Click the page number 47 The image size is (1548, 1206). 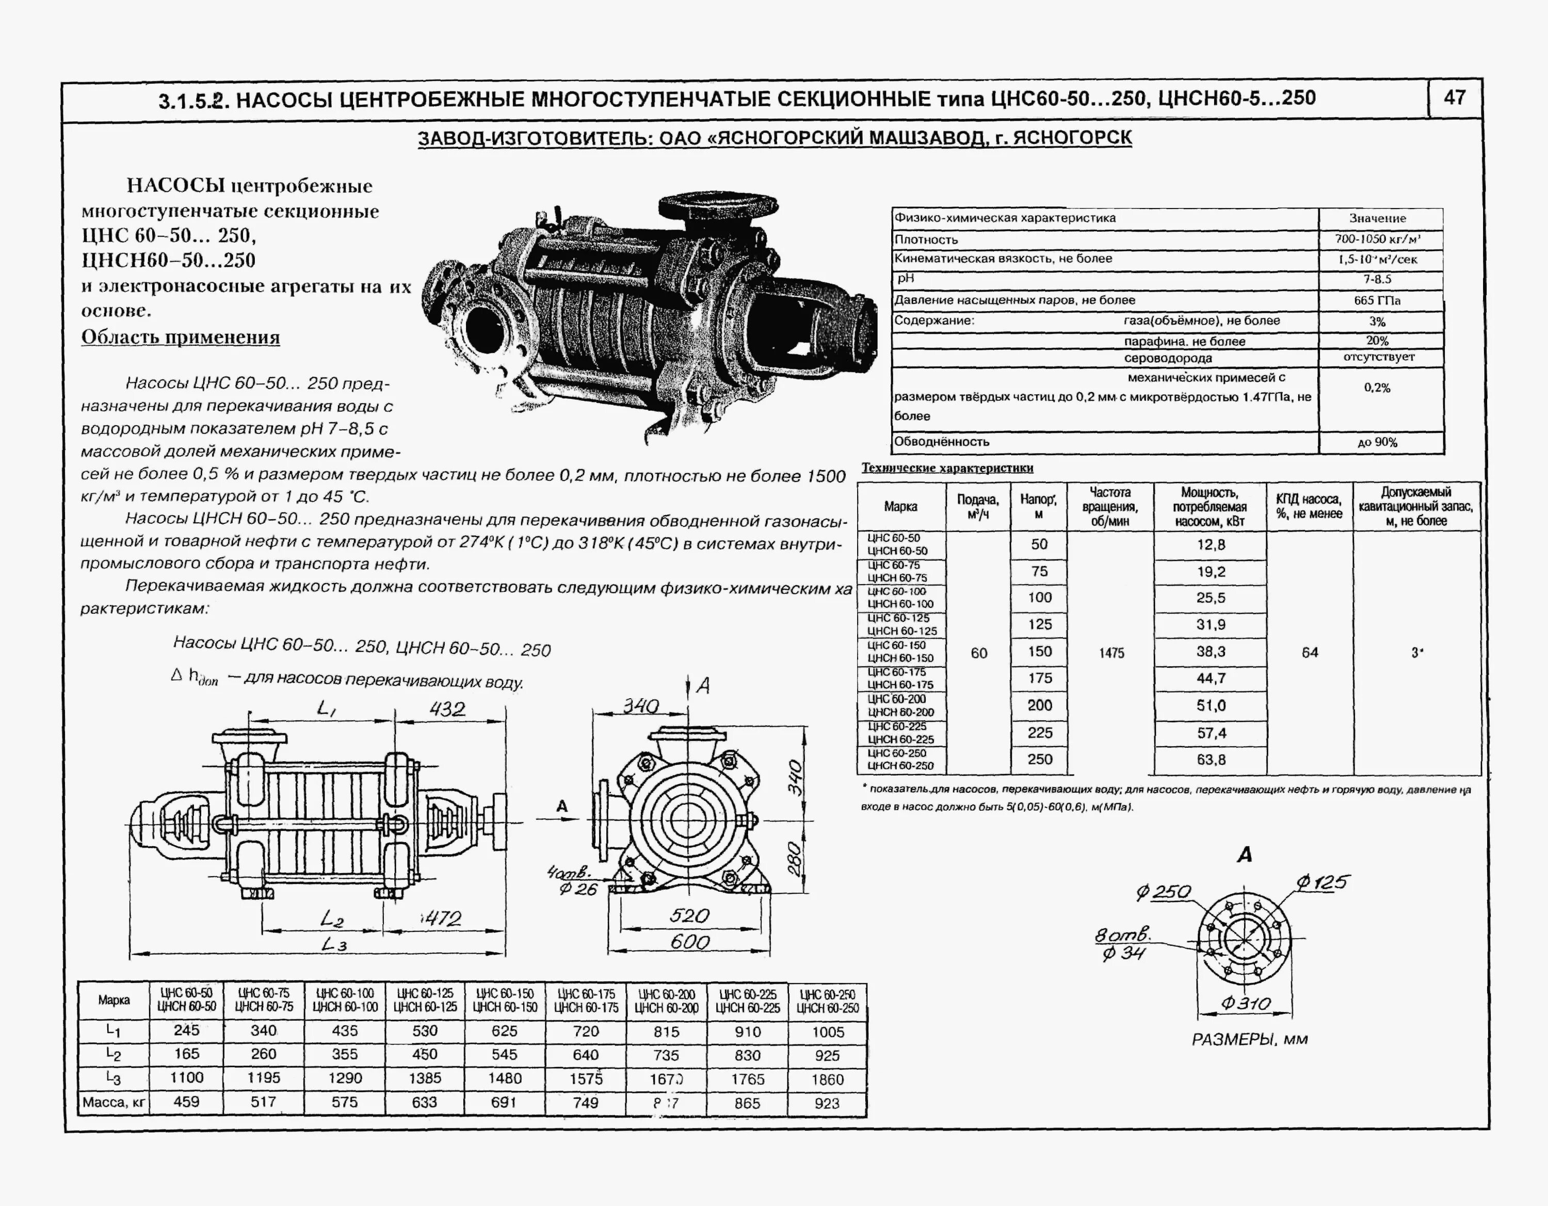click(1455, 98)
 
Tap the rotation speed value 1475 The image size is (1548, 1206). click(1111, 653)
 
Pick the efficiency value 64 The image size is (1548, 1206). click(1310, 652)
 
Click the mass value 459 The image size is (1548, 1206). click(186, 1102)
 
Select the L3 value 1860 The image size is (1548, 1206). click(827, 1079)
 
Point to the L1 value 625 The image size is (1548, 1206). click(505, 1031)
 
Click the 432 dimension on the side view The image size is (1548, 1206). click(447, 709)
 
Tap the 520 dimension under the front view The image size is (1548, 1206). click(689, 916)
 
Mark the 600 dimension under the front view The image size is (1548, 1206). click(689, 942)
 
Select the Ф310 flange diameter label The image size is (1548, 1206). click(1245, 1003)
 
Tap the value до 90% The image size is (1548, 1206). click(1377, 442)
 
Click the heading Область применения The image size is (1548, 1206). click(180, 337)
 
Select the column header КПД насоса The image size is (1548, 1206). click(1309, 506)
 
